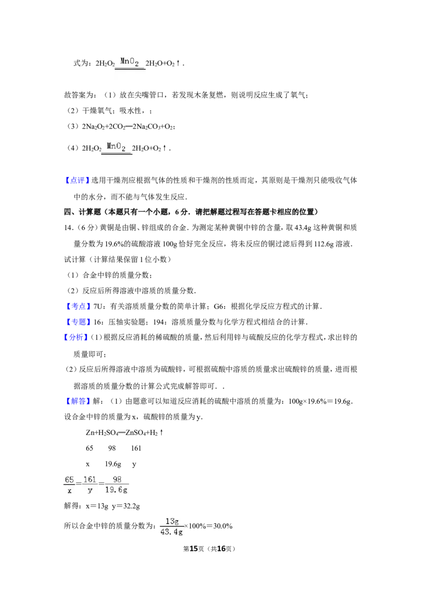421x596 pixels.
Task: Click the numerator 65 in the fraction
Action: click(x=69, y=479)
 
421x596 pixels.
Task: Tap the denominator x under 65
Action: click(x=69, y=491)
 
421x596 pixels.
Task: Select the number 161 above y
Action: click(x=89, y=479)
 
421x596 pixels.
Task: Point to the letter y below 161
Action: click(x=90, y=491)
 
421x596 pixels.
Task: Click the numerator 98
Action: click(x=117, y=479)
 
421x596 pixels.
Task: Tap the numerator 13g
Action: click(x=172, y=521)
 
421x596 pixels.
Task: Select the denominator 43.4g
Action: click(x=171, y=532)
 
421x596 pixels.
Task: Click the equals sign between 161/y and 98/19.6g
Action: click(x=102, y=483)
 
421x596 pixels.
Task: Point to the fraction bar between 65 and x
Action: click(x=69, y=485)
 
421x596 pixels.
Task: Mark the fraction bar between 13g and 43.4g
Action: click(x=171, y=527)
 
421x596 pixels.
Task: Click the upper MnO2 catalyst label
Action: click(x=129, y=62)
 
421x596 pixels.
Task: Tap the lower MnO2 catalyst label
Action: click(x=116, y=146)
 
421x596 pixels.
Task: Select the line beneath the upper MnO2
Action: click(x=130, y=69)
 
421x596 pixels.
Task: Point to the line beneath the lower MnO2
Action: click(x=116, y=154)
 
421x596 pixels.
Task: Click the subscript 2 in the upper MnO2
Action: click(x=136, y=64)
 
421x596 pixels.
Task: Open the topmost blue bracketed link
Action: click(x=77, y=180)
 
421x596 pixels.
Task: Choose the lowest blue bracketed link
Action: click(x=78, y=402)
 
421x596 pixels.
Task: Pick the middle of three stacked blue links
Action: click(x=78, y=322)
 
